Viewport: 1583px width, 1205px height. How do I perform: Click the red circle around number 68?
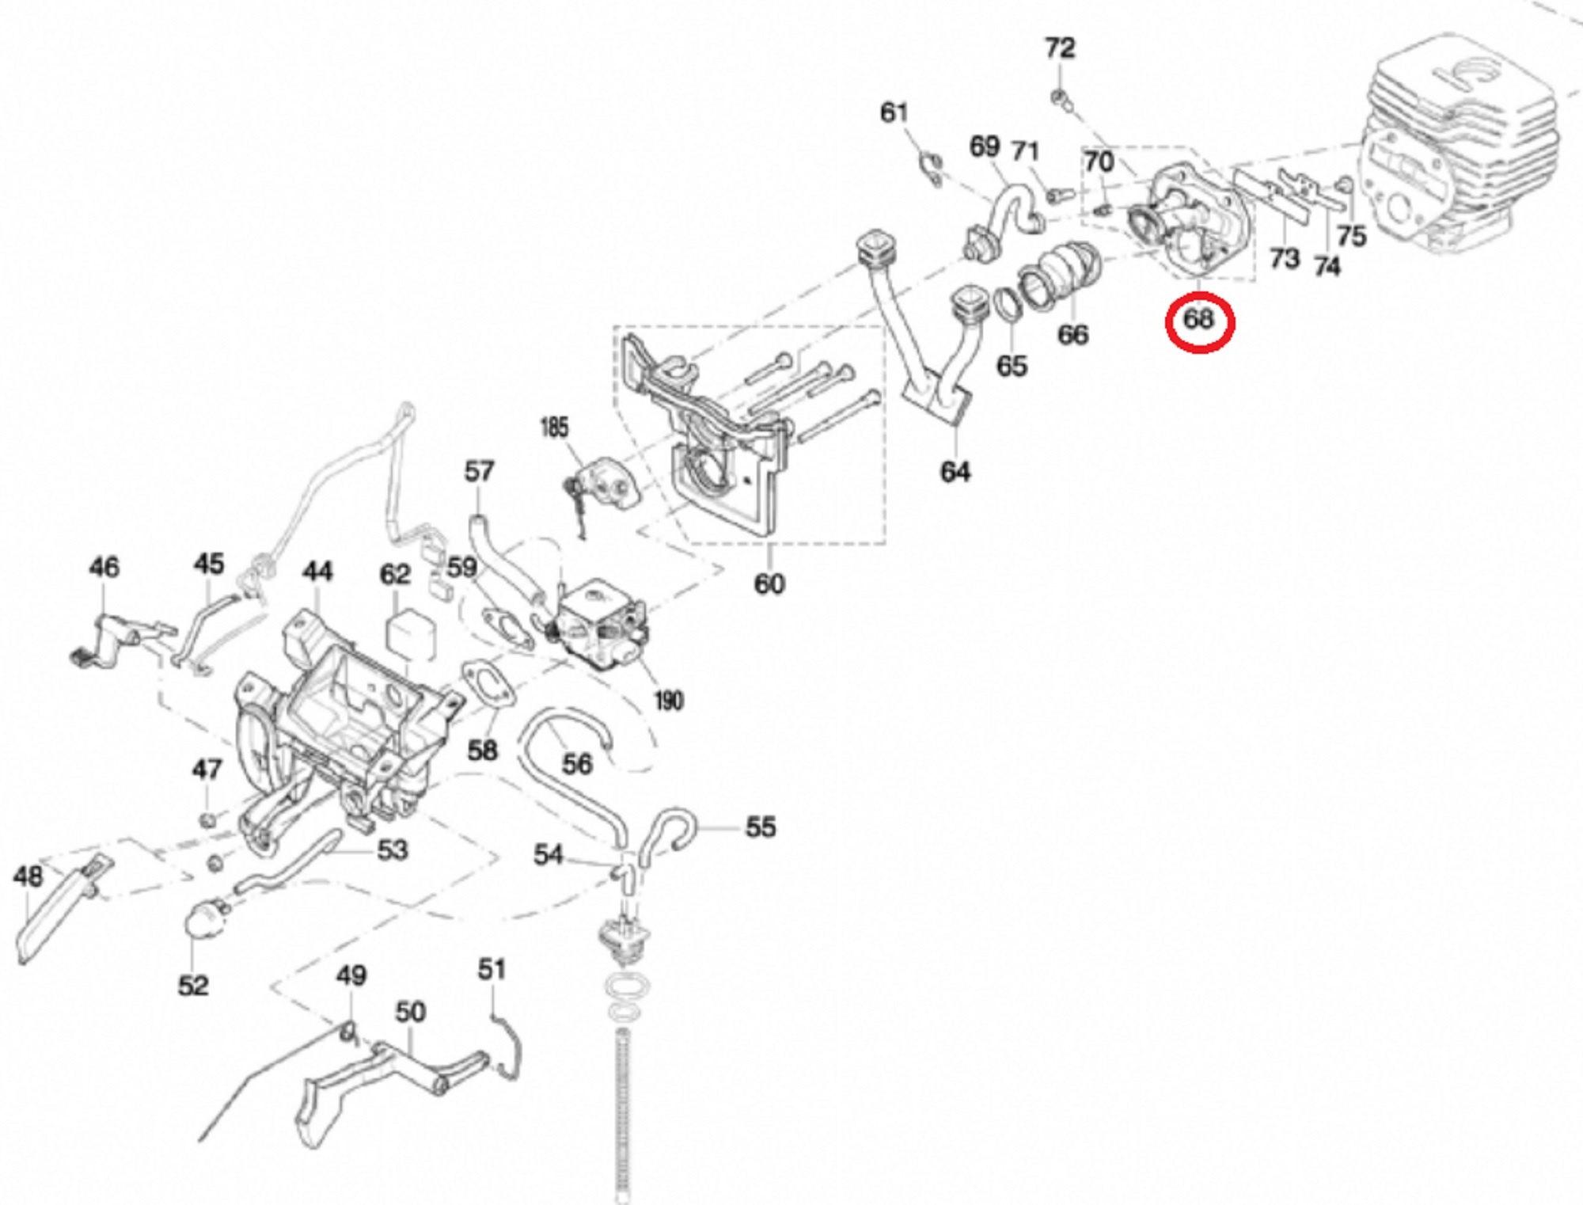point(1199,321)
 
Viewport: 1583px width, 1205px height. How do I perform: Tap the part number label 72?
point(1060,48)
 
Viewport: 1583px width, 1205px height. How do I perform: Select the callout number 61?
point(894,112)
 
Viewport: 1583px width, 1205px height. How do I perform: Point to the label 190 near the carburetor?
point(668,701)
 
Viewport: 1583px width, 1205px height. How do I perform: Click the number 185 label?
point(554,428)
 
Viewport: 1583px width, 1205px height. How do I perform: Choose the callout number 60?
point(769,583)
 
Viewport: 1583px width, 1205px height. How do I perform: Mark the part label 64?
point(955,472)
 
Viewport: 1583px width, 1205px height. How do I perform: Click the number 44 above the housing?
point(317,571)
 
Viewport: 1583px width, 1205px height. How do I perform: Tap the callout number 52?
point(193,986)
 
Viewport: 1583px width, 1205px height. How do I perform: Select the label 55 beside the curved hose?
point(761,827)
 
